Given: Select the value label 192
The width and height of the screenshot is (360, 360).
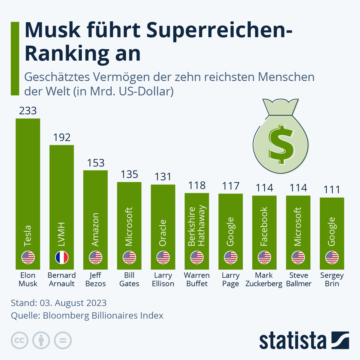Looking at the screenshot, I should (62, 137).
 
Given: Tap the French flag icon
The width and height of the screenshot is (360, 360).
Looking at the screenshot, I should (62, 258).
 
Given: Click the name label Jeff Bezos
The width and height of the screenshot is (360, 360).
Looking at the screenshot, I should (96, 279).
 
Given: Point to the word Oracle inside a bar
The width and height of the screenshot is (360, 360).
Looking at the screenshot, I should (163, 233).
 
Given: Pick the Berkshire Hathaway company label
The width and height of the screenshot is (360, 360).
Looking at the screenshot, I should (197, 226).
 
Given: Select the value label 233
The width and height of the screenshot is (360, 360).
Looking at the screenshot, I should (28, 111).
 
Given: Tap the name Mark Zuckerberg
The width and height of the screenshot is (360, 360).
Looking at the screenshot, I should (264, 279).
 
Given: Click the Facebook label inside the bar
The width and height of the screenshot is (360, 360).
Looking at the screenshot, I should (264, 226).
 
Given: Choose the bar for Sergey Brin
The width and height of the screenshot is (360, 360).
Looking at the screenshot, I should (332, 234).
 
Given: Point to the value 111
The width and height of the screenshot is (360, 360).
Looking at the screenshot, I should (332, 190).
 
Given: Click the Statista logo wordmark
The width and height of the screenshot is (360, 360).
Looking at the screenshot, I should (292, 341).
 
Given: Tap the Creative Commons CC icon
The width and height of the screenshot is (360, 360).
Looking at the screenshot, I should (19, 340).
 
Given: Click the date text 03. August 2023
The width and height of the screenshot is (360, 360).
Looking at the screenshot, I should (73, 303).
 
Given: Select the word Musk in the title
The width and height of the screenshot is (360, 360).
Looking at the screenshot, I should (53, 30).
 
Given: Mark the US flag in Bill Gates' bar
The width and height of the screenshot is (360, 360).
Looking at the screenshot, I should (129, 258).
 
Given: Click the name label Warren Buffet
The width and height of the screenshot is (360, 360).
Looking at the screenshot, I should (197, 279).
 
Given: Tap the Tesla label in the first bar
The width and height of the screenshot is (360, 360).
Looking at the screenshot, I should (28, 236).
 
